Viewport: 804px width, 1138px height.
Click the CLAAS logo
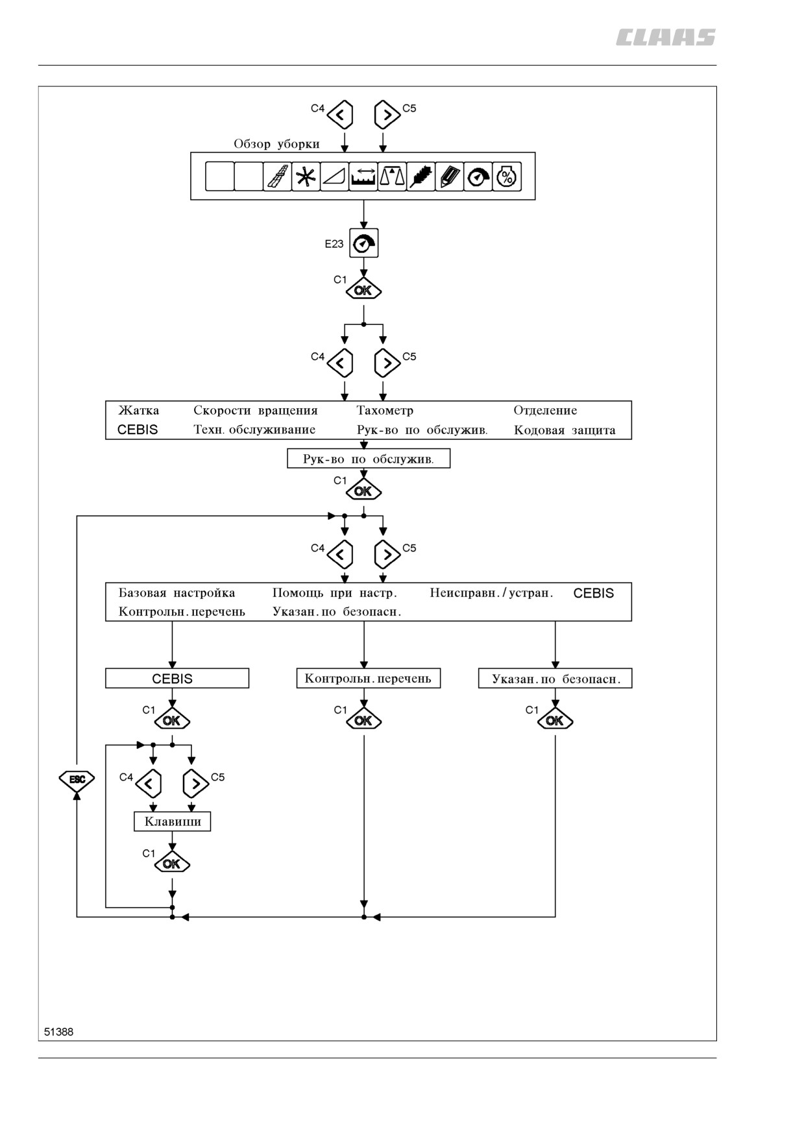click(x=665, y=38)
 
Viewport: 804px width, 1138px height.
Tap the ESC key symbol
click(x=77, y=779)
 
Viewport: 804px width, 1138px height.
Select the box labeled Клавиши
click(x=173, y=821)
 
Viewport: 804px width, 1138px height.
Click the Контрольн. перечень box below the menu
click(x=369, y=679)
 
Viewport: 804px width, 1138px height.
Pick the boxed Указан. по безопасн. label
click(x=555, y=679)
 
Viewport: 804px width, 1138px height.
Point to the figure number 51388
click(x=58, y=1032)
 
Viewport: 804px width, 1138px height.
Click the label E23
click(x=334, y=244)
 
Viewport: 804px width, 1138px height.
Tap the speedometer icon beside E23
click(x=363, y=244)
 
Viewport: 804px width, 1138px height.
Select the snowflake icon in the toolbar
click(x=306, y=176)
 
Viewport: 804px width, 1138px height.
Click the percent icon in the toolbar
click(x=507, y=176)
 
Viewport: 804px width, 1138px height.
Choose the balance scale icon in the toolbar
click(x=392, y=176)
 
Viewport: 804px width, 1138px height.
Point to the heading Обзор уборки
click(x=276, y=144)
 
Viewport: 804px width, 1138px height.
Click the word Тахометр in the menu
click(x=385, y=410)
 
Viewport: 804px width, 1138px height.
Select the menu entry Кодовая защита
click(x=565, y=430)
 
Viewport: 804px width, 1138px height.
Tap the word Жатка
click(x=138, y=410)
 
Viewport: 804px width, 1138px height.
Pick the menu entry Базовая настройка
click(x=177, y=592)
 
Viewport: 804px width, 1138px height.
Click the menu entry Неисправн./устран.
click(x=491, y=592)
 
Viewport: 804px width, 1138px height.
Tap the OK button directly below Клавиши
click(x=172, y=864)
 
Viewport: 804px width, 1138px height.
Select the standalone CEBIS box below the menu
click(x=177, y=679)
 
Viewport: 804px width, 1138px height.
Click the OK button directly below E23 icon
click(x=363, y=290)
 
